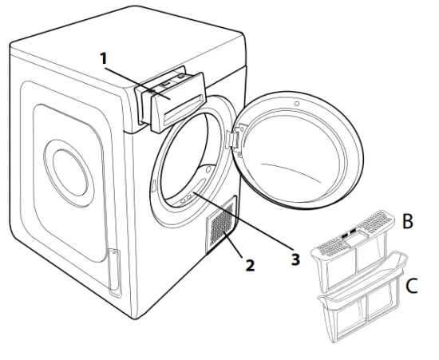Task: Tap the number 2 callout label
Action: [x=250, y=264]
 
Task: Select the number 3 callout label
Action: [x=295, y=259]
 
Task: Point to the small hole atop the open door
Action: [x=297, y=104]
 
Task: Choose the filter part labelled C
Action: [x=363, y=304]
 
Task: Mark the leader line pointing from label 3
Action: [x=247, y=227]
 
